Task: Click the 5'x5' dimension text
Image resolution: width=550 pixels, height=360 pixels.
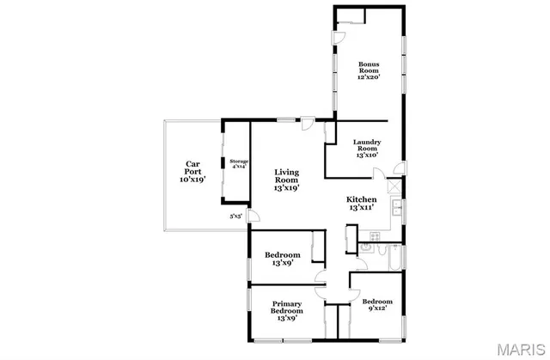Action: click(x=235, y=217)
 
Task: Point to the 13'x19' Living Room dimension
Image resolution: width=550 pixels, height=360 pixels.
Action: click(x=286, y=187)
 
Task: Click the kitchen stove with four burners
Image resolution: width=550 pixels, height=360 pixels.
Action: click(x=374, y=236)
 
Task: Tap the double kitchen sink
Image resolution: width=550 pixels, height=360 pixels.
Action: click(x=396, y=208)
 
